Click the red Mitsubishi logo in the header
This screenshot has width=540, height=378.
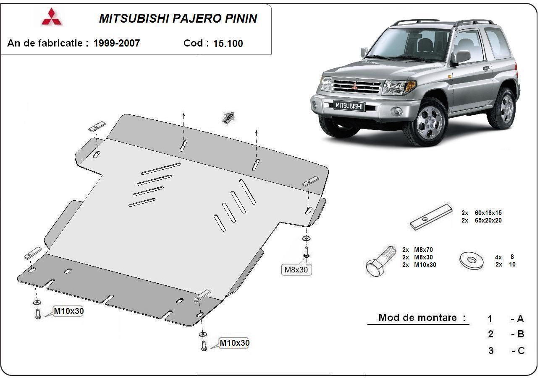point(51,17)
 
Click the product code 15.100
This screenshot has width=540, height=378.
point(228,44)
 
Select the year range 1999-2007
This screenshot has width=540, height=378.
point(117,43)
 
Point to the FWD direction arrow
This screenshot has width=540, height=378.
point(228,117)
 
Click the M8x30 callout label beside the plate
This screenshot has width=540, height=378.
point(296,270)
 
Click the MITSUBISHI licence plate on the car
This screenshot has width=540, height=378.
point(349,106)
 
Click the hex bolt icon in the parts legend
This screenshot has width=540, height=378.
point(380,260)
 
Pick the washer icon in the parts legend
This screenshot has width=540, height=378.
point(471,260)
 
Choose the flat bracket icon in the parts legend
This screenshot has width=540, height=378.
point(431,217)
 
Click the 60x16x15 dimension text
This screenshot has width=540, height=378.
point(488,213)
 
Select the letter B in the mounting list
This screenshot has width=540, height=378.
point(521,334)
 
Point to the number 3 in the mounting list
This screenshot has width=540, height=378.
point(491,351)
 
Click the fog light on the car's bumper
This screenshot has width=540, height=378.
point(396,111)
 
